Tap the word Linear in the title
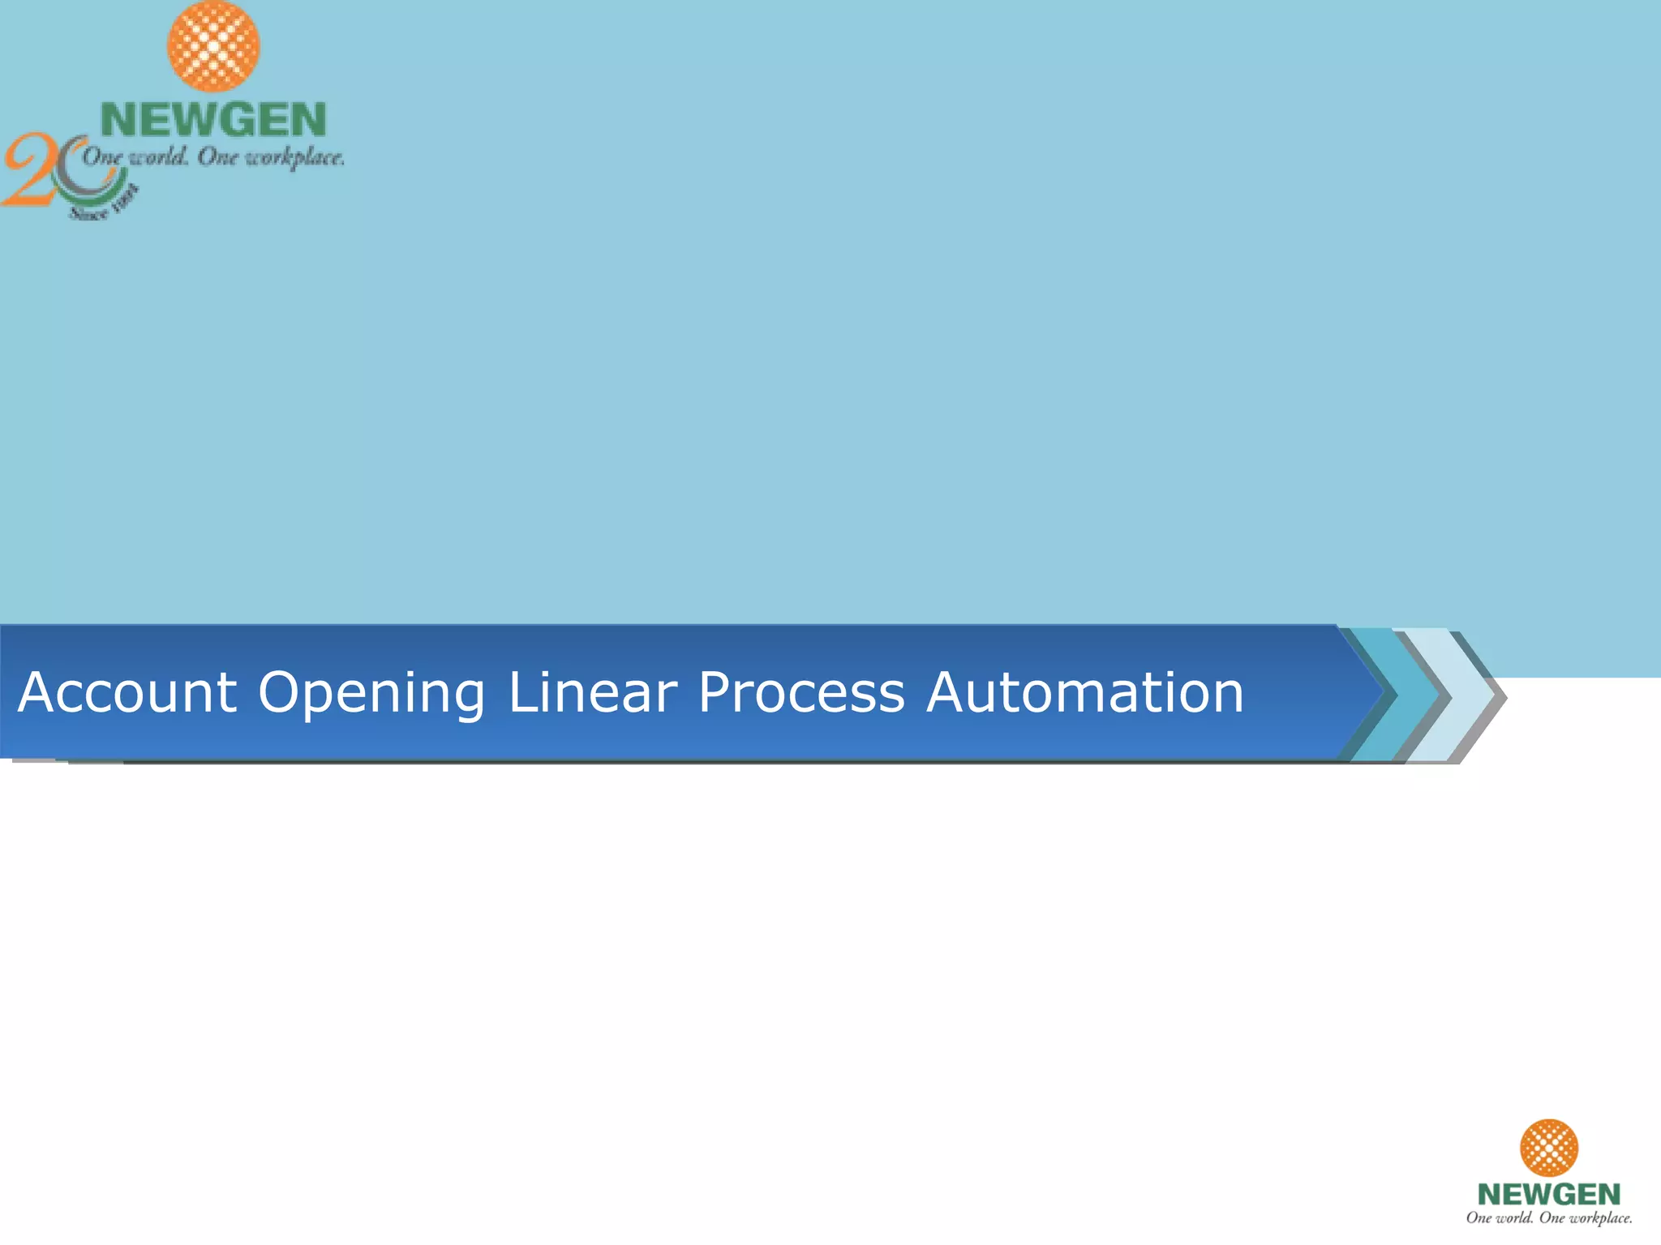[x=592, y=693]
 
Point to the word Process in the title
[x=800, y=693]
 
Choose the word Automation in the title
[x=1084, y=693]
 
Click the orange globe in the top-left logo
[x=213, y=45]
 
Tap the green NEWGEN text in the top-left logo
[x=213, y=120]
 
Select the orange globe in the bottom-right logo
[x=1548, y=1147]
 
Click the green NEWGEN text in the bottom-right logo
[x=1548, y=1194]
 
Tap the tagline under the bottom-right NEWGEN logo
[x=1548, y=1217]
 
